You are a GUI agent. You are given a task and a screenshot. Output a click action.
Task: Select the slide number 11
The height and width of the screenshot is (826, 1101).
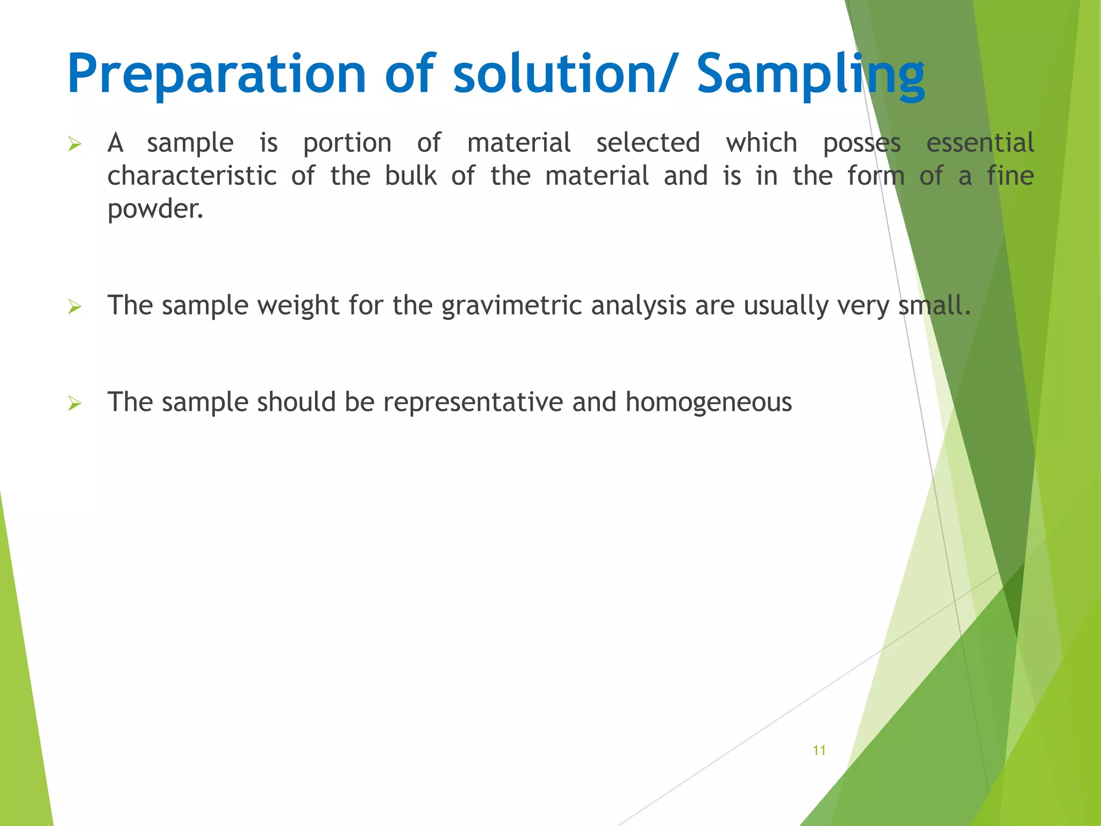pos(819,750)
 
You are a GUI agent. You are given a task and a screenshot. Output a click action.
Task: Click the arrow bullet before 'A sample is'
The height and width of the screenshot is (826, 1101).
pos(75,144)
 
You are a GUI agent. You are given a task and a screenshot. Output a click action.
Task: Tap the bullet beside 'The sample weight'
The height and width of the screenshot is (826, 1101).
pos(75,307)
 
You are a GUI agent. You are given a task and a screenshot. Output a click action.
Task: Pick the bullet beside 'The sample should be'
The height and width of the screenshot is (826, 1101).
pos(75,403)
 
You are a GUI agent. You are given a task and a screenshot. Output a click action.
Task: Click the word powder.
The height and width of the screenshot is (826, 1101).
pos(155,209)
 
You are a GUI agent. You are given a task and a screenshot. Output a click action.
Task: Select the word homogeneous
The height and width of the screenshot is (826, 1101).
pos(708,403)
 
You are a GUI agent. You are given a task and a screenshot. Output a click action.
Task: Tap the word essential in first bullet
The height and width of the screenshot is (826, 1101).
pos(980,143)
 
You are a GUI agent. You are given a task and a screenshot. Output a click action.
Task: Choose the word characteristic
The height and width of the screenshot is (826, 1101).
pos(192,176)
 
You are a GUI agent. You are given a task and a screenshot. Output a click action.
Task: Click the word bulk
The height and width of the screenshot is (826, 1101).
pos(411,176)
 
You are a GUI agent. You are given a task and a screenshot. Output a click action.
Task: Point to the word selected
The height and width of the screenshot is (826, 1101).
pos(648,143)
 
